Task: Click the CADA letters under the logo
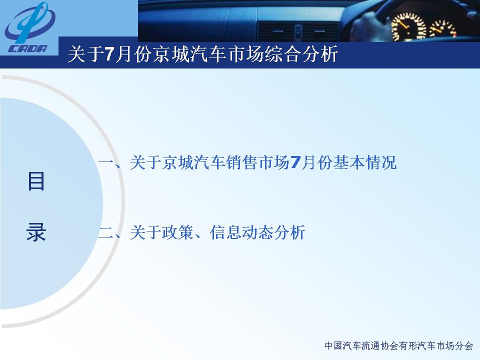[x=28, y=48]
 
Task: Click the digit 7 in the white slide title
[x=109, y=54]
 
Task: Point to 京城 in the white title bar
[x=169, y=54]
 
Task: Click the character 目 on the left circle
[x=36, y=181]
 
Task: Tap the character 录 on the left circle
[x=36, y=231]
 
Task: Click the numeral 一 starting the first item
[x=106, y=162]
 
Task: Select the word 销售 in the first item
[x=242, y=162]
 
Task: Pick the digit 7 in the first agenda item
[x=295, y=162]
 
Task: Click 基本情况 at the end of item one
[x=365, y=162]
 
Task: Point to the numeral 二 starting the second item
[x=106, y=232]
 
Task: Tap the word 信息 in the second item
[x=225, y=232]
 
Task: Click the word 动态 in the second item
[x=257, y=232]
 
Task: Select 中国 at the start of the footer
[x=333, y=345]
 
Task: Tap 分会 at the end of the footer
[x=464, y=345]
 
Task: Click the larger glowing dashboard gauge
[x=409, y=26]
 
